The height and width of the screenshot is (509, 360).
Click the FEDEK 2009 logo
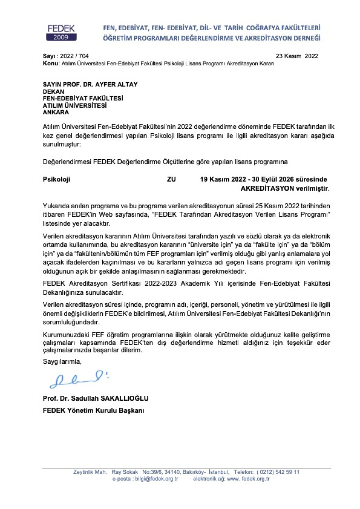61,33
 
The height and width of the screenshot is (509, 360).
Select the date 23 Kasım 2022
297,56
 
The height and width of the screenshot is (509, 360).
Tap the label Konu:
51,63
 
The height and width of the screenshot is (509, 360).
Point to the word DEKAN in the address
53,91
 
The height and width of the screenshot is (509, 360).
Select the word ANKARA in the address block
56,113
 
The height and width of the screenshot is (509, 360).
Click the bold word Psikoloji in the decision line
56,179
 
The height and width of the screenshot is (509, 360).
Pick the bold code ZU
171,179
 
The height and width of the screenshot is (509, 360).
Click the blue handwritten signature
79,379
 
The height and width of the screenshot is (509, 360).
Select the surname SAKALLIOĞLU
124,399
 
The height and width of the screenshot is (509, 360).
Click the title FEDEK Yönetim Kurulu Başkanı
93,411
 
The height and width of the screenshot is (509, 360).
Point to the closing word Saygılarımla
62,361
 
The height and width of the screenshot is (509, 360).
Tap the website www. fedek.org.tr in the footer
248,479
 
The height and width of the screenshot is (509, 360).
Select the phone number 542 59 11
288,472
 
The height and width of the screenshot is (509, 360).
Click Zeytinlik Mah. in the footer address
90,472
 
